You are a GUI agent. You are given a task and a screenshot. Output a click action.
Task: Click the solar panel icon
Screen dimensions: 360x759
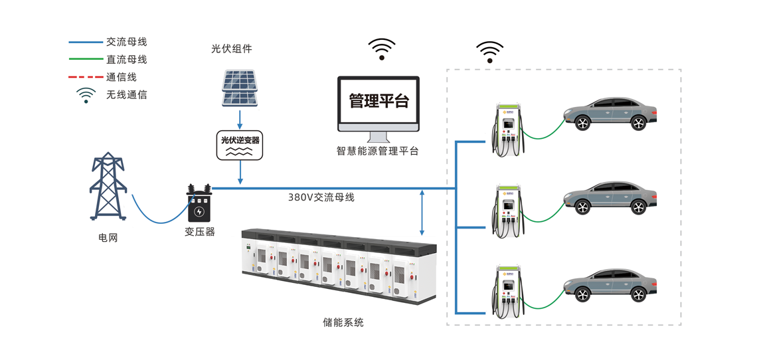(239, 88)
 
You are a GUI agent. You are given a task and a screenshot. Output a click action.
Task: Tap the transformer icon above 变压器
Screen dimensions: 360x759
(199, 204)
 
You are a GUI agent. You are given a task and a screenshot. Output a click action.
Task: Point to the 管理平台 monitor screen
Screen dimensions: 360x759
(379, 102)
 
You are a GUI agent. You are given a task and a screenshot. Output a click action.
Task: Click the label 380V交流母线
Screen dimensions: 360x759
(321, 197)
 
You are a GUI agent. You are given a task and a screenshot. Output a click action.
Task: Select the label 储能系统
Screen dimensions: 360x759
(343, 323)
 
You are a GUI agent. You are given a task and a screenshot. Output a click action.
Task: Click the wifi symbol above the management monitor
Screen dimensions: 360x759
(382, 49)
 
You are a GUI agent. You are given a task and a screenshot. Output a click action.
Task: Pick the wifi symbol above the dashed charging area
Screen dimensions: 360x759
(489, 52)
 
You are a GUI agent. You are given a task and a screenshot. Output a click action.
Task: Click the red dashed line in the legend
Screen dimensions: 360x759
(86, 77)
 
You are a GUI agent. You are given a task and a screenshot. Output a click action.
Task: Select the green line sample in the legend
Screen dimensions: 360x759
(86, 59)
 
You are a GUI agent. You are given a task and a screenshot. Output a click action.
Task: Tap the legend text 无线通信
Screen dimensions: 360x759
(126, 95)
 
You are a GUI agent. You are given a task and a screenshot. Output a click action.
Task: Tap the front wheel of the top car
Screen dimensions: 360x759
(582, 123)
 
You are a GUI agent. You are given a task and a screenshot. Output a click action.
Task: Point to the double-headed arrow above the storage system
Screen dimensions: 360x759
(422, 213)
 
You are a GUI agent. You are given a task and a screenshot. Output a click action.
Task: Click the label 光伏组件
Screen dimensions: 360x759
(232, 49)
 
